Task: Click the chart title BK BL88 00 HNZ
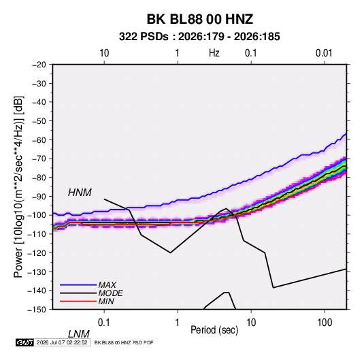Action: pyautogui.click(x=200, y=19)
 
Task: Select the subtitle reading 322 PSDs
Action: pyautogui.click(x=144, y=37)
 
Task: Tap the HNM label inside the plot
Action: pyautogui.click(x=80, y=193)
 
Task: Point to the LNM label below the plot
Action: pyautogui.click(x=78, y=334)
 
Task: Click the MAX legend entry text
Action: pyautogui.click(x=107, y=285)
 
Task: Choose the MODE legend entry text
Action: pyautogui.click(x=110, y=293)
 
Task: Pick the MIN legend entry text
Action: pyautogui.click(x=106, y=301)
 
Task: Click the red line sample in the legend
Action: pyautogui.click(x=78, y=301)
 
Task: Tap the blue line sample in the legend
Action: pyautogui.click(x=78, y=285)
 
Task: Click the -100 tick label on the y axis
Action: pyautogui.click(x=37, y=215)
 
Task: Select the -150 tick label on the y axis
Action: pyautogui.click(x=37, y=310)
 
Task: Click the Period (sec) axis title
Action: pyautogui.click(x=214, y=330)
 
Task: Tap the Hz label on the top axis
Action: pyautogui.click(x=214, y=53)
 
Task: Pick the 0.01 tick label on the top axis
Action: pyautogui.click(x=324, y=53)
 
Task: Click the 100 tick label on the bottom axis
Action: pyautogui.click(x=325, y=323)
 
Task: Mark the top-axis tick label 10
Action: pyautogui.click(x=104, y=53)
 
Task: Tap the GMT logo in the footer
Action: pyautogui.click(x=24, y=342)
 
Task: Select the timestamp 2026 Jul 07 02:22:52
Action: pyautogui.click(x=62, y=342)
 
